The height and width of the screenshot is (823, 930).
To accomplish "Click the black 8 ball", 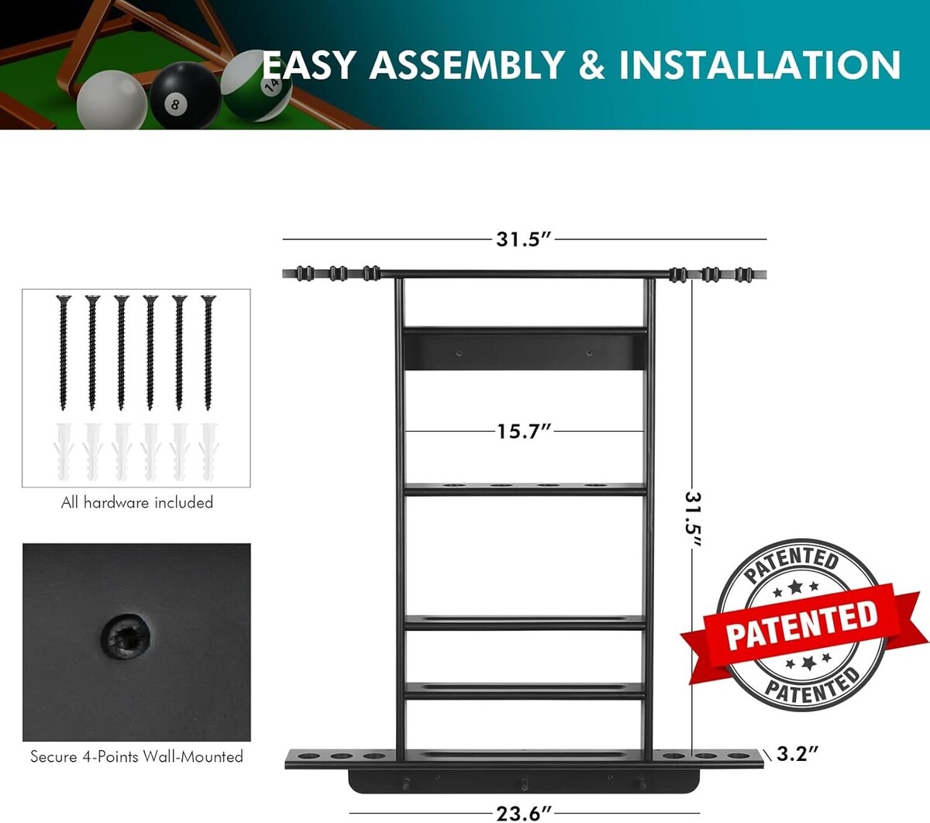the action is (x=185, y=96).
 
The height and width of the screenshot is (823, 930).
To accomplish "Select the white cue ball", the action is (x=112, y=100).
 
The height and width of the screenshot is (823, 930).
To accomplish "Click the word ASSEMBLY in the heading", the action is (x=467, y=65).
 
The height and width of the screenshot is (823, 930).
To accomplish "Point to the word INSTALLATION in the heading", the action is (x=759, y=65).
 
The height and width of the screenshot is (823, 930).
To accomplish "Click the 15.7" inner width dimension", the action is (x=524, y=432).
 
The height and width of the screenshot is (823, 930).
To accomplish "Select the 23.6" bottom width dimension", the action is (x=524, y=814).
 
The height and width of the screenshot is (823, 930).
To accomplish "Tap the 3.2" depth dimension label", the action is (x=797, y=754).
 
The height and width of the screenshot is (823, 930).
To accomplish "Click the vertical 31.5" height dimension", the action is (x=693, y=519).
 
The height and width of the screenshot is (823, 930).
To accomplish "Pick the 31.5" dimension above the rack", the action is (x=524, y=239).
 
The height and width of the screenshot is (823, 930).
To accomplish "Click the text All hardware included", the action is (x=137, y=503).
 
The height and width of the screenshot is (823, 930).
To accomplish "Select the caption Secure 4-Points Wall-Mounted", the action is (x=137, y=756).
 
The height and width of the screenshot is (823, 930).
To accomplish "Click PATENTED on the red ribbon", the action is (x=801, y=625).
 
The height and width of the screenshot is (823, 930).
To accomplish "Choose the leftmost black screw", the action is (x=64, y=353).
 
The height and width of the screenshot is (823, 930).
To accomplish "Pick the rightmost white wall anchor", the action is (x=208, y=452).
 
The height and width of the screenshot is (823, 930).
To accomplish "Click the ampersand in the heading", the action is (x=591, y=65).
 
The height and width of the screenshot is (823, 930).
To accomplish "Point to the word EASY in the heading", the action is (x=308, y=65).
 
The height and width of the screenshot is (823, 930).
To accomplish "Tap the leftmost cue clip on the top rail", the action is (x=305, y=274).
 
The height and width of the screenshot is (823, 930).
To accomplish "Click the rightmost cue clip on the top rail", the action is (x=744, y=274).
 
